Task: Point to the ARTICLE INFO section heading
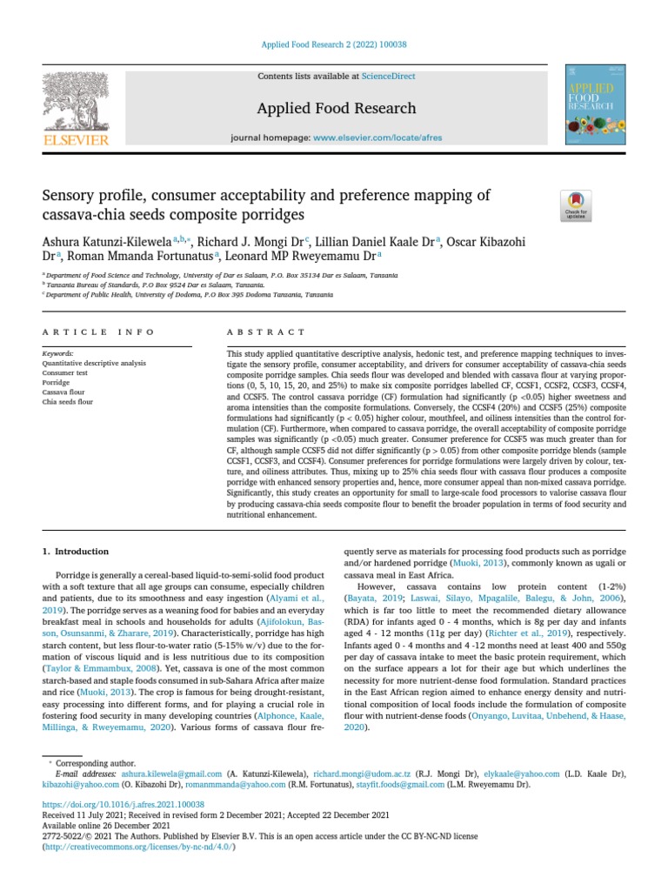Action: [x=98, y=332]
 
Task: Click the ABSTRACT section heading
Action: [x=266, y=332]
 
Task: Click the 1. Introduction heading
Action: [x=76, y=552]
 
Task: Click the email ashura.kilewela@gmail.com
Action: [x=160, y=773]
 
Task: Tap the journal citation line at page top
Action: [x=333, y=45]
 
